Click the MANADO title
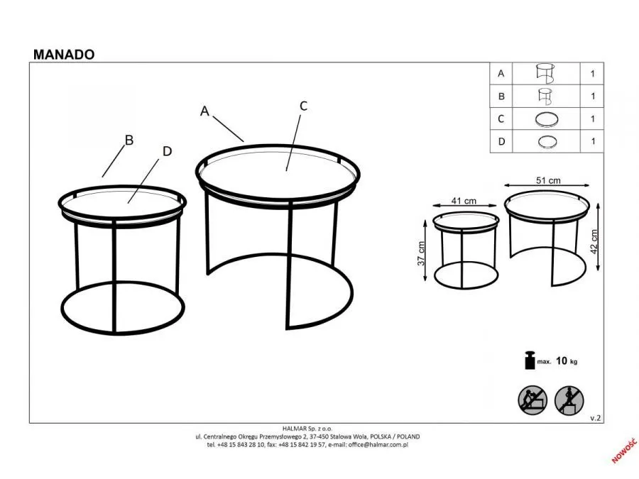pyautogui.click(x=64, y=55)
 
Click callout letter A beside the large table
pyautogui.click(x=204, y=111)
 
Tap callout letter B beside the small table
pyautogui.click(x=129, y=140)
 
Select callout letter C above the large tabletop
pyautogui.click(x=303, y=106)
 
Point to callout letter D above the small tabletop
pyautogui.click(x=167, y=151)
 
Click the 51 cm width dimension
pyautogui.click(x=548, y=180)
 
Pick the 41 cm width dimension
pyautogui.click(x=464, y=201)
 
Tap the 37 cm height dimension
pyautogui.click(x=421, y=254)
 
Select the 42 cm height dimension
pyautogui.click(x=594, y=241)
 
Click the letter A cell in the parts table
pyautogui.click(x=501, y=74)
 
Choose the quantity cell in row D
pyautogui.click(x=592, y=141)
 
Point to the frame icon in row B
pyautogui.click(x=545, y=97)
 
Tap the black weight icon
pyautogui.click(x=530, y=360)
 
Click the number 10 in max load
pyautogui.click(x=561, y=360)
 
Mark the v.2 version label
pyautogui.click(x=596, y=418)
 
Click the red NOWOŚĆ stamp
pyautogui.click(x=623, y=451)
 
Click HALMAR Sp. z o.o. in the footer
pyautogui.click(x=307, y=429)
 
